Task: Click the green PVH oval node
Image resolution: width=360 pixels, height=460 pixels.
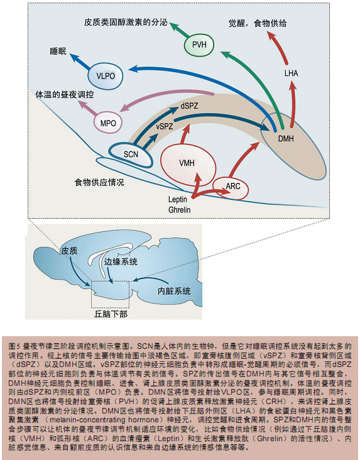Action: click(199, 45)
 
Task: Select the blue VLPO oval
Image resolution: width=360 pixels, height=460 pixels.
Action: click(106, 76)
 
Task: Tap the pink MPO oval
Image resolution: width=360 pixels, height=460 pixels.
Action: click(107, 123)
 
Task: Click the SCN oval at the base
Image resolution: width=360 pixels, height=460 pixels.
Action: click(131, 155)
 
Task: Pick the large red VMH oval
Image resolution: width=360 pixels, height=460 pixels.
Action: click(188, 164)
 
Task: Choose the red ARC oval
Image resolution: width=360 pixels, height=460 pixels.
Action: click(231, 186)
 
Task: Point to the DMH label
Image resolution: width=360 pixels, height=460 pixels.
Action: click(286, 138)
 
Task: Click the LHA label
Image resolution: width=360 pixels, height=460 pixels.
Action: click(291, 73)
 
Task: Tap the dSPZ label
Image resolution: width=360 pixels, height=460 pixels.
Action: click(189, 106)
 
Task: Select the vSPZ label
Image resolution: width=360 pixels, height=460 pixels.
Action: click(165, 126)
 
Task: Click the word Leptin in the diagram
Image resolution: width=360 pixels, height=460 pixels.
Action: click(178, 199)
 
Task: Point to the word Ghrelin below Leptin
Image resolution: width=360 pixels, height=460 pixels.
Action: click(179, 210)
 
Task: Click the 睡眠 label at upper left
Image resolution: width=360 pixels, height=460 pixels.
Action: click(58, 52)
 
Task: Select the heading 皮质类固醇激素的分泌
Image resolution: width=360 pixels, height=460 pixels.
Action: click(126, 22)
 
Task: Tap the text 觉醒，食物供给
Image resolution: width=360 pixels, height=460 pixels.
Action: click(258, 23)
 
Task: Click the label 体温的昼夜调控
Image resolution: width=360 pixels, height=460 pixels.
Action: click(65, 95)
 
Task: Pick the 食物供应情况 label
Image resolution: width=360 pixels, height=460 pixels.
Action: click(99, 182)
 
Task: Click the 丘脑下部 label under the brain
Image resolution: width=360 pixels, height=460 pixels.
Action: click(111, 314)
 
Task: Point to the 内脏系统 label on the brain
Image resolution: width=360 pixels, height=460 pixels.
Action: click(174, 291)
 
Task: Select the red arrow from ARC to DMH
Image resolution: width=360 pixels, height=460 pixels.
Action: click(243, 159)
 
